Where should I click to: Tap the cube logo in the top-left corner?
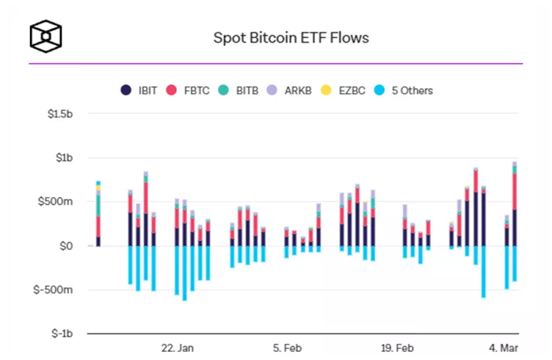click(x=46, y=35)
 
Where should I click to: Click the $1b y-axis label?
click(x=63, y=158)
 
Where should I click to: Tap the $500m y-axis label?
click(x=57, y=202)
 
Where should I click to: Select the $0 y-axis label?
click(x=66, y=245)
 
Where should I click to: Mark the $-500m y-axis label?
click(x=55, y=289)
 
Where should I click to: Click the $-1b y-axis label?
click(x=62, y=333)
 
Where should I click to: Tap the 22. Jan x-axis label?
click(x=177, y=347)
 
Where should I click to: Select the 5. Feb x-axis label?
click(x=286, y=347)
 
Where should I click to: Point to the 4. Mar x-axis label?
click(x=504, y=347)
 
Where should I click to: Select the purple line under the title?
click(x=275, y=64)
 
